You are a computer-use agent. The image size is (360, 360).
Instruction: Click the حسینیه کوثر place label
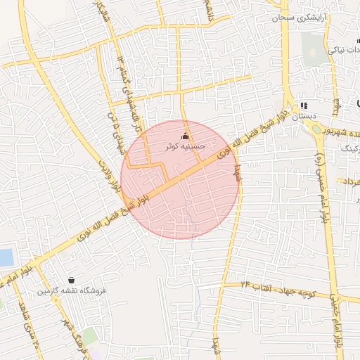pyautogui.click(x=185, y=146)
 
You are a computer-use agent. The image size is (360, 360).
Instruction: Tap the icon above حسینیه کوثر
pyautogui.click(x=186, y=136)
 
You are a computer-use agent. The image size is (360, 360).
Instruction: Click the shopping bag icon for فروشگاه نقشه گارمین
pyautogui.click(x=71, y=280)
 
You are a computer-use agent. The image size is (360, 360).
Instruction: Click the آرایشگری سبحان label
pyautogui.click(x=296, y=16)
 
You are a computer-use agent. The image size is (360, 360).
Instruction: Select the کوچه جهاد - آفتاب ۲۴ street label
pyautogui.click(x=281, y=288)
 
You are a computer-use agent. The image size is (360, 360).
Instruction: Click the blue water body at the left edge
pyautogui.click(x=6, y=257)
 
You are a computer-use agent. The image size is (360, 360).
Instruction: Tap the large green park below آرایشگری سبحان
pyautogui.click(x=314, y=46)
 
